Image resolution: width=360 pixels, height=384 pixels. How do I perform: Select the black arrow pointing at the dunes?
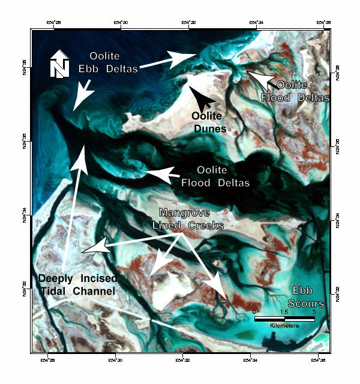click(202, 96)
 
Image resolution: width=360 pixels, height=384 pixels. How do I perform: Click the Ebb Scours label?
click(308, 296)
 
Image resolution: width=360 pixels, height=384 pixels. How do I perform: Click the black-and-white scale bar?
click(284, 318)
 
